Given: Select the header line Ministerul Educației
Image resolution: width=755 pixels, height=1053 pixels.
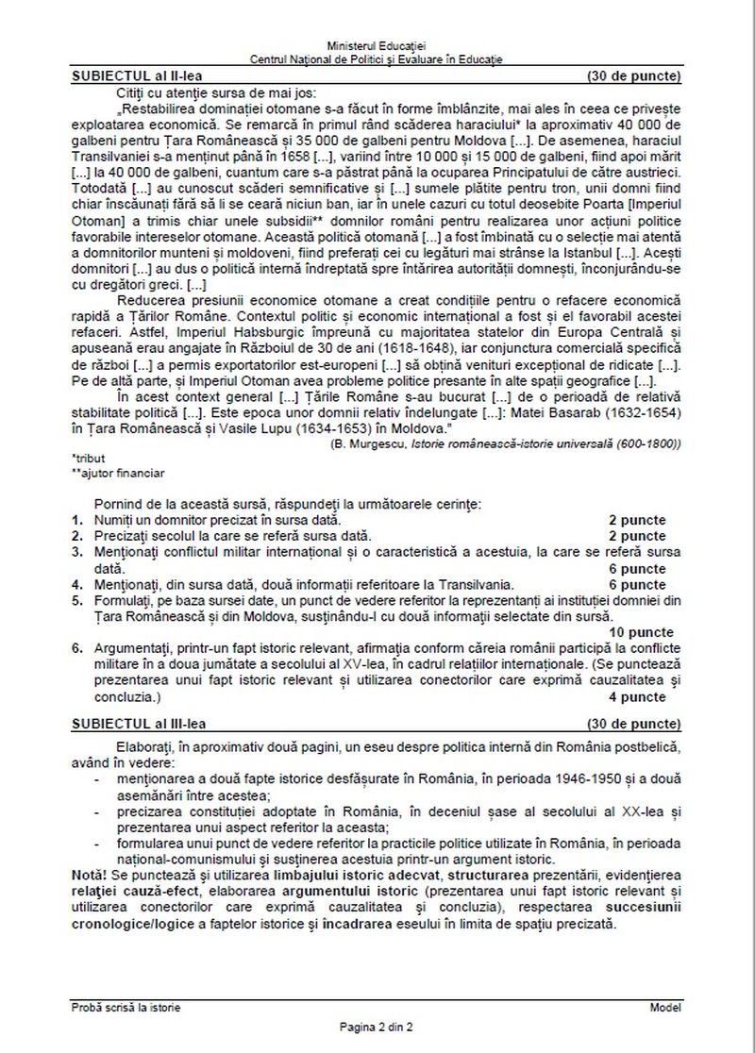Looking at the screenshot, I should [x=377, y=45].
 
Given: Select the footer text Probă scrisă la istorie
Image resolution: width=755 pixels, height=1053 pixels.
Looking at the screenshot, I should [x=127, y=1007].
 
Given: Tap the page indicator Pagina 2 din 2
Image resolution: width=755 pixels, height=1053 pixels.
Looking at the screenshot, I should [x=377, y=1026].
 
